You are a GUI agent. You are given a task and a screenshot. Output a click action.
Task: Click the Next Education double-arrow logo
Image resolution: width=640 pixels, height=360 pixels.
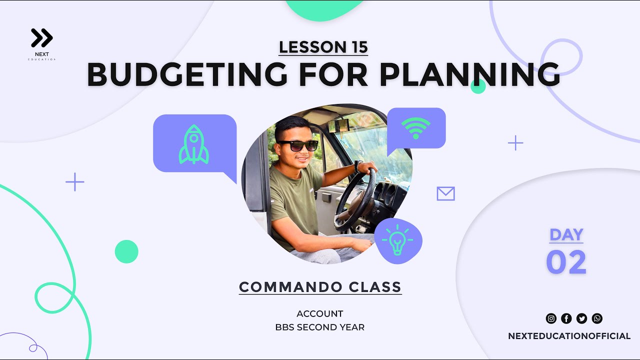pos(42,38)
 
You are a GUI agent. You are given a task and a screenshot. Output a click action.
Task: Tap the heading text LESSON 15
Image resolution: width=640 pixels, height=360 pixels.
pos(323,47)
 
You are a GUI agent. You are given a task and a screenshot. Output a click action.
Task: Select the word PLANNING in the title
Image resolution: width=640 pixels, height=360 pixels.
pos(469,75)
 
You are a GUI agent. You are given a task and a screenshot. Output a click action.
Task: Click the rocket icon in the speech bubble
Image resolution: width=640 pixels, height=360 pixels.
pos(193,145)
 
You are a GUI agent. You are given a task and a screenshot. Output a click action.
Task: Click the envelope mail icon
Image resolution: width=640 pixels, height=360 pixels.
pos(445,193)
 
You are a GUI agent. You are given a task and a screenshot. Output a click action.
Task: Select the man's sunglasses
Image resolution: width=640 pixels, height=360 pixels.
pos(298,145)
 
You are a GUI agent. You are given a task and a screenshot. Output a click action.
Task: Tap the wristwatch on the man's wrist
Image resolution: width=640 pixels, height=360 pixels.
pos(358,166)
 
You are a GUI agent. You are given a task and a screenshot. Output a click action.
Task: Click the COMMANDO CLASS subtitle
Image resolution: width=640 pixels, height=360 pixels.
pos(320,287)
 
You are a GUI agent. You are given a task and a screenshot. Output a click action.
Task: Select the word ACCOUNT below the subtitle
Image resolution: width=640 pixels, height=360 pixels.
pos(320,314)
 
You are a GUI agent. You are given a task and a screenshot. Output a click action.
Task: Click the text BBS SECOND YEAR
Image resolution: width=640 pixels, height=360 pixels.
pos(320,327)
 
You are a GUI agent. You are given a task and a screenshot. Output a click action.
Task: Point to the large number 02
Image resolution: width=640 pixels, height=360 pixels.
pos(566,262)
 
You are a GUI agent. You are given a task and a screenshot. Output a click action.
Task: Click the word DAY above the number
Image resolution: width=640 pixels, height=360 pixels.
pos(566,235)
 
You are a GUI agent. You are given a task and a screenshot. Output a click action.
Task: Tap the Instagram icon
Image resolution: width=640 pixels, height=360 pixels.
pos(551,318)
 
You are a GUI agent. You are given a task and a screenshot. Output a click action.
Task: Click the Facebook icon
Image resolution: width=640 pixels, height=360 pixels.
pos(566,318)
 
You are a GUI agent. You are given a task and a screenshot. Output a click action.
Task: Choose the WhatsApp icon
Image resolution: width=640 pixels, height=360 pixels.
pos(597,318)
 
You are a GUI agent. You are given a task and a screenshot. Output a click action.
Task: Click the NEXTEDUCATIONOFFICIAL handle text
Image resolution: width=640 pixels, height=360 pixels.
pos(569,336)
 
